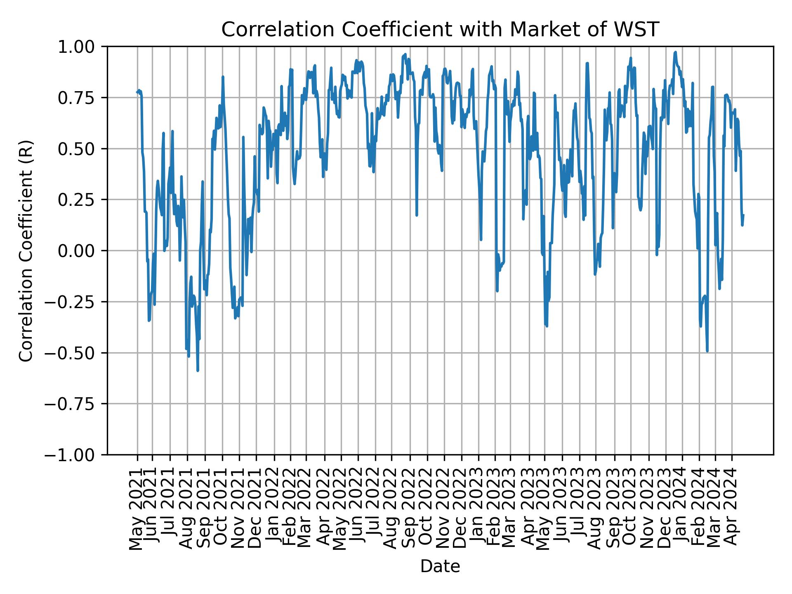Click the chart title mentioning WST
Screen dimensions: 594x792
pyautogui.click(x=440, y=30)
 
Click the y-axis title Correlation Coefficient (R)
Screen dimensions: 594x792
pyautogui.click(x=26, y=250)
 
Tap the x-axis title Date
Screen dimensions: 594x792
pyautogui.click(x=440, y=566)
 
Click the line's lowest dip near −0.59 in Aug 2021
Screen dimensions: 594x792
pyautogui.click(x=198, y=370)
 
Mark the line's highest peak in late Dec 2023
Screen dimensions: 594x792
pyautogui.click(x=675, y=52)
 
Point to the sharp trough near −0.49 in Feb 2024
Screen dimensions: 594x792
pyautogui.click(x=707, y=351)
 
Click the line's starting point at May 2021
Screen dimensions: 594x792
pyautogui.click(x=137, y=92)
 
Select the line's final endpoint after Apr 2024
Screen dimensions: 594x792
pyautogui.click(x=743, y=215)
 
